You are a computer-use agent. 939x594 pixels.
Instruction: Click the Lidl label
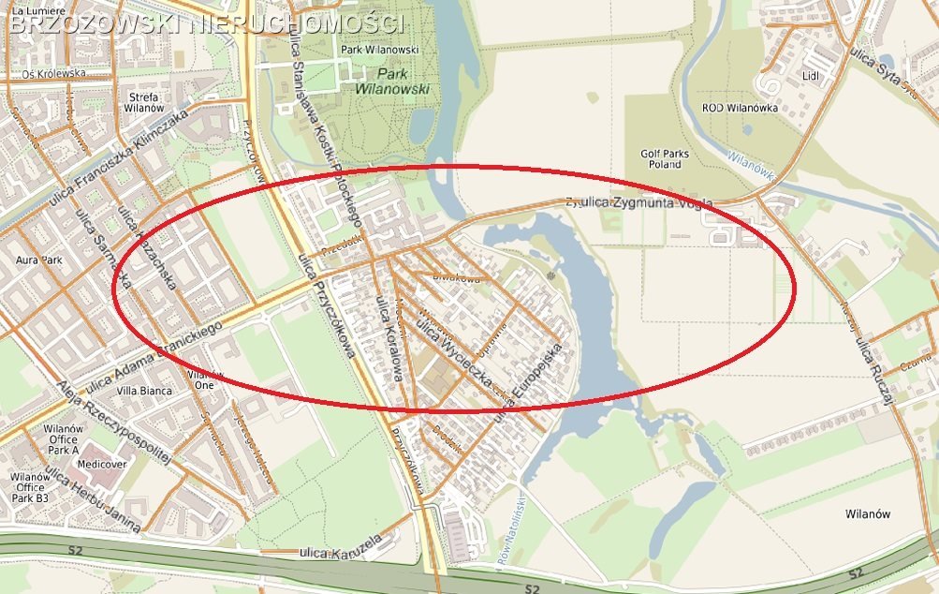pos(812,75)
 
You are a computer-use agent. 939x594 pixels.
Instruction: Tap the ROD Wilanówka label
pos(740,108)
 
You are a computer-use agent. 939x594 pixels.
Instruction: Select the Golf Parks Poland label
pos(665,158)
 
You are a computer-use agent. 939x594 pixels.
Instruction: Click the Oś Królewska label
pos(54,72)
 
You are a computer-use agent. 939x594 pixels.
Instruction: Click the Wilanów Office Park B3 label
pos(29,487)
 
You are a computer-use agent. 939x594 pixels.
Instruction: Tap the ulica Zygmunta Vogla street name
pos(644,202)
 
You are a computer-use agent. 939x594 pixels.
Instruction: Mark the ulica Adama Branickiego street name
pos(153,358)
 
